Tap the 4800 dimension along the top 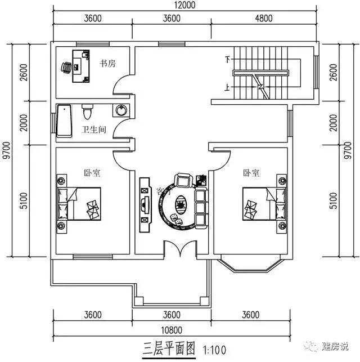coord(263,17)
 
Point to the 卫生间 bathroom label coord(94,130)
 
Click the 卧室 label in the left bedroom coord(93,173)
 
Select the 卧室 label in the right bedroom coord(251,173)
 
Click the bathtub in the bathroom coord(64,120)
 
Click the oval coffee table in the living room coord(182,200)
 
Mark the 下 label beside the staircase coord(228,59)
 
